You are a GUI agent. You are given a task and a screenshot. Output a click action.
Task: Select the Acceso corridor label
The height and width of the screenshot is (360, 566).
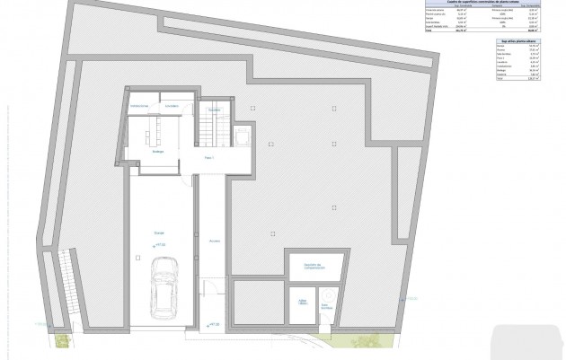click(214, 241)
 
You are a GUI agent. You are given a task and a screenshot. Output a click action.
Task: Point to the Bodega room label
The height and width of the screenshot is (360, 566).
click(157, 151)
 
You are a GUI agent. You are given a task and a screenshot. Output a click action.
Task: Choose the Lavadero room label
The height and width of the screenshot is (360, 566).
click(172, 107)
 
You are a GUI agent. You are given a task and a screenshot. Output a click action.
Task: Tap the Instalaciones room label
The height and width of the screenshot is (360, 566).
click(139, 107)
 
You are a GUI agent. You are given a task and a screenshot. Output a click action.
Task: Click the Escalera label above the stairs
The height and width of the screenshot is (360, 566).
click(215, 109)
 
